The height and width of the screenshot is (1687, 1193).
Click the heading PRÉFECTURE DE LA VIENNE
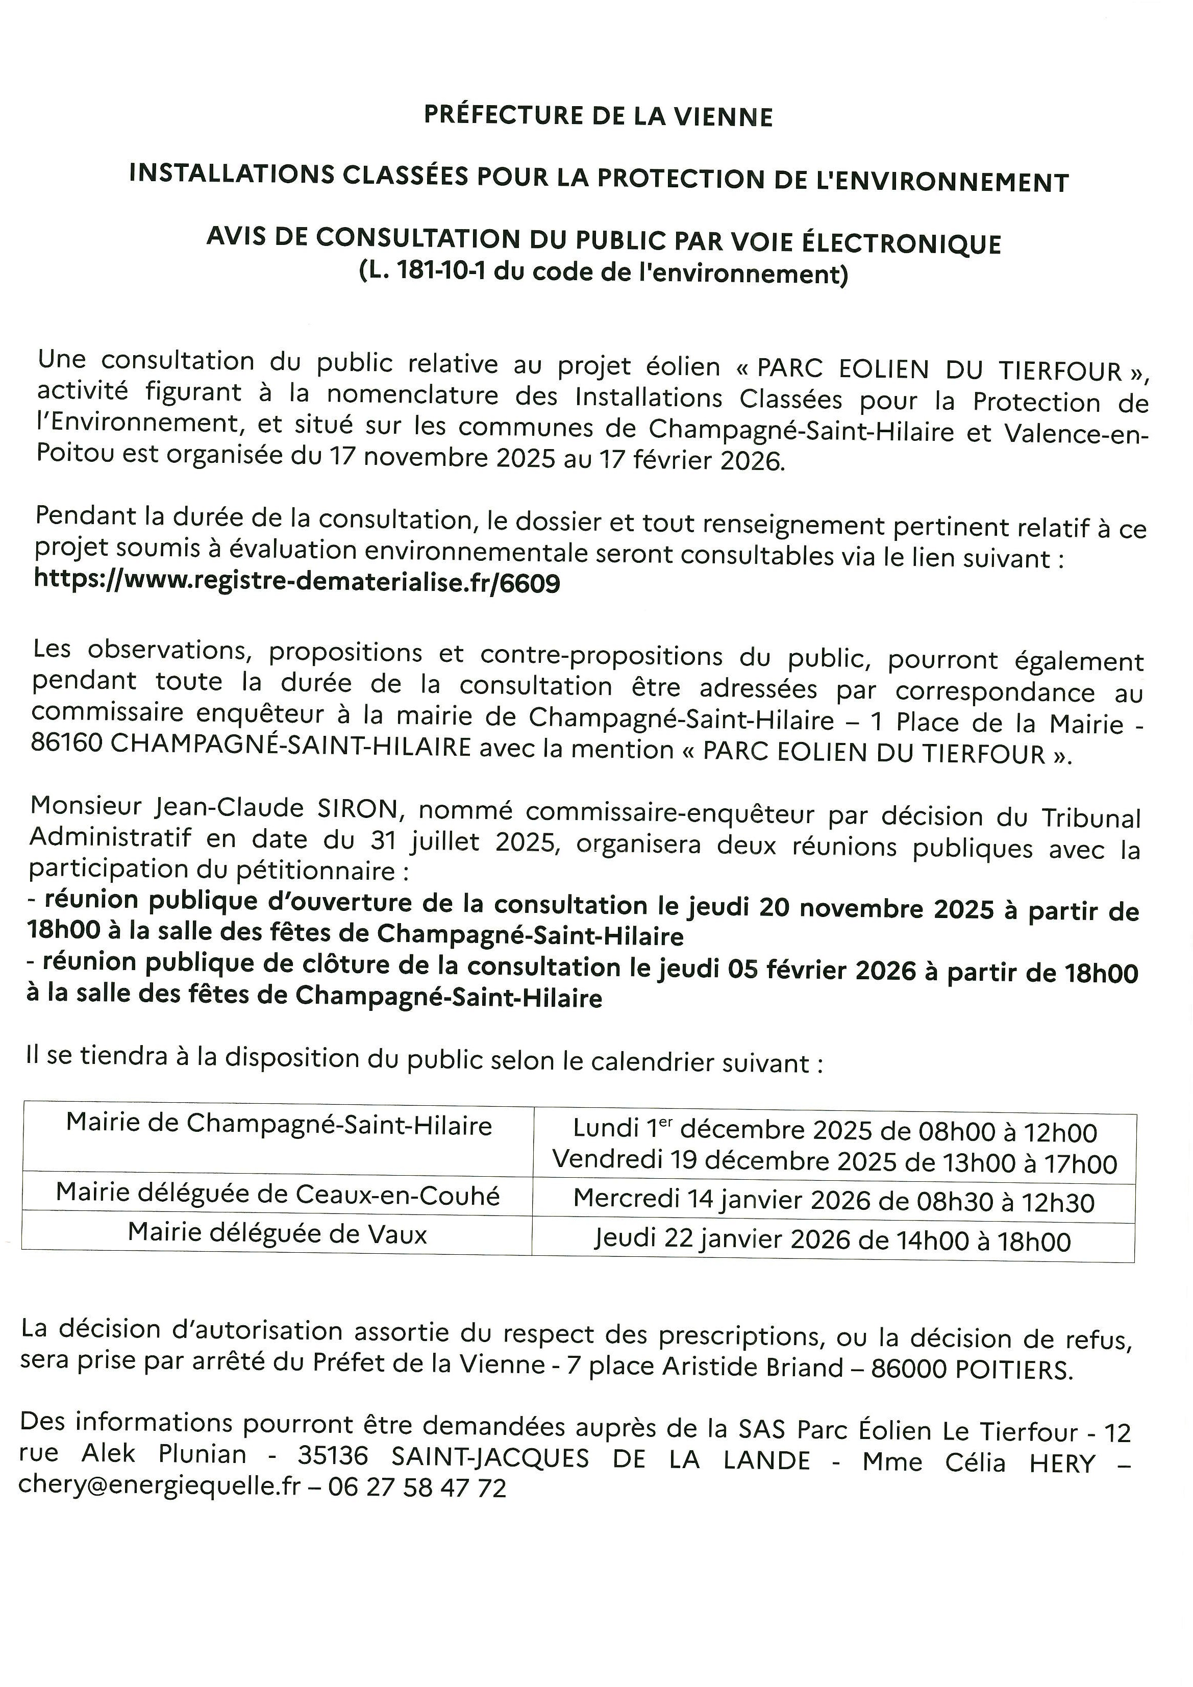[x=598, y=117]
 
